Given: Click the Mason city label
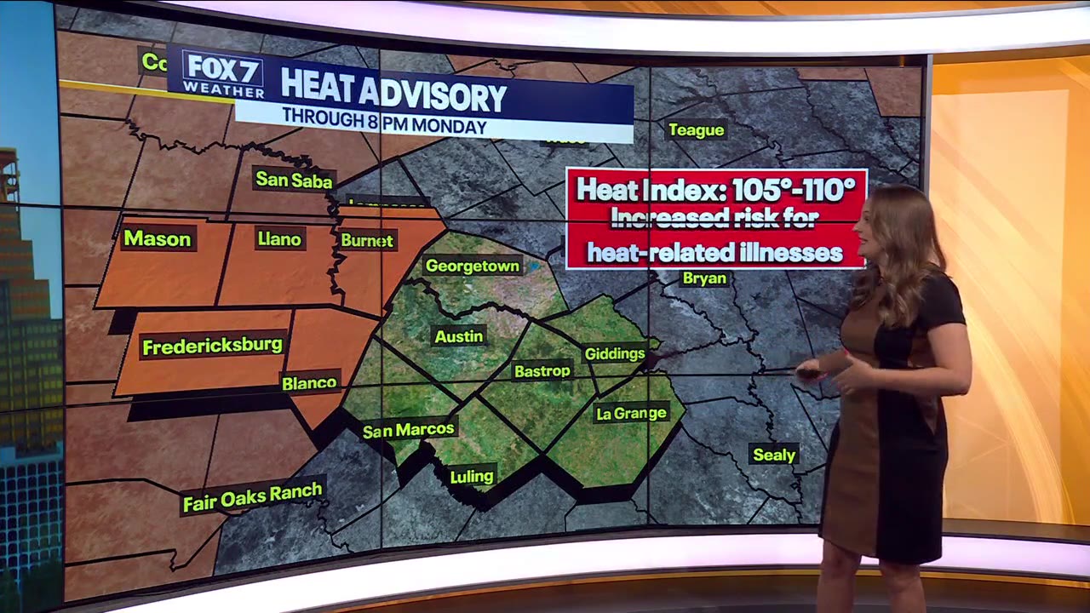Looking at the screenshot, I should [157, 238].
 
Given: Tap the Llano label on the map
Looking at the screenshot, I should [279, 239].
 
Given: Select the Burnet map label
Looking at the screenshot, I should [367, 241].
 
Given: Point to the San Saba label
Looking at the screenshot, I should [294, 180].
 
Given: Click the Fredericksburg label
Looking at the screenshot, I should [212, 347].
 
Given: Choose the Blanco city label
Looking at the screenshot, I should [310, 383].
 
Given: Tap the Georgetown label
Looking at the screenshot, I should [472, 266].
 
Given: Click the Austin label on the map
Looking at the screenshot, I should [459, 336].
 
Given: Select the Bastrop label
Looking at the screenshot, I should [542, 371].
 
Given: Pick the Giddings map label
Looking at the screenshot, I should [614, 353].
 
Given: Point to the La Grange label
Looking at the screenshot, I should [631, 414].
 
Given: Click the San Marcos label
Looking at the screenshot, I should [409, 430].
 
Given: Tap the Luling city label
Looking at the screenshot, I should [472, 476].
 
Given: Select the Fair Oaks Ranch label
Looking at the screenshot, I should [253, 496].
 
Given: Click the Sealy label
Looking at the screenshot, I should [774, 455].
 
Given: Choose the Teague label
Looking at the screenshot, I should [696, 130].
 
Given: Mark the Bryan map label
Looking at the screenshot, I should [704, 278].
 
